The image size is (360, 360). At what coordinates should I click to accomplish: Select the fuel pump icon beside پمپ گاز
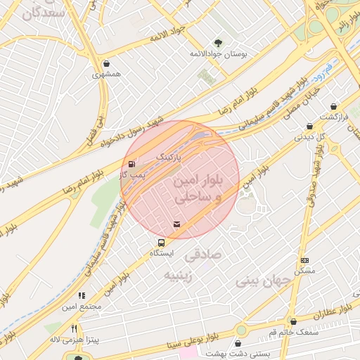coord(132,165)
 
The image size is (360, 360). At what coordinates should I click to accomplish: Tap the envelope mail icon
coord(176,224)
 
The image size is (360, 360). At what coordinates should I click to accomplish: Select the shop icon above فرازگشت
coord(333,107)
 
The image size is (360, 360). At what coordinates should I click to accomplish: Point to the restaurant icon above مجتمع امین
coord(82,296)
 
